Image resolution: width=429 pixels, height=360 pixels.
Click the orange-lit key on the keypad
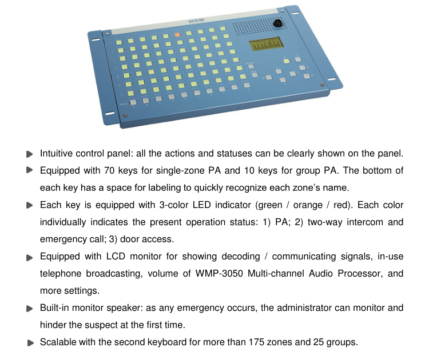[x=177, y=35]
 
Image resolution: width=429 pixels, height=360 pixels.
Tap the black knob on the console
[x=277, y=23]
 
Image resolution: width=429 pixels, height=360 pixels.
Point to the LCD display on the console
[x=265, y=44]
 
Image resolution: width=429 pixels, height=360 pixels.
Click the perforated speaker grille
[x=259, y=26]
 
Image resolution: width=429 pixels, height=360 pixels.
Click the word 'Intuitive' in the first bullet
[x=55, y=153]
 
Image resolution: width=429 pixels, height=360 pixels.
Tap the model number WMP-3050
[x=219, y=273]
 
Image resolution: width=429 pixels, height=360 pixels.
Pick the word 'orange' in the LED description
[x=308, y=205]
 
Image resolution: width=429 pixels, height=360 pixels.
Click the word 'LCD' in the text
[x=116, y=257]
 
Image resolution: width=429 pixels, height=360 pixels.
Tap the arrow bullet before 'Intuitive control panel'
[x=30, y=154]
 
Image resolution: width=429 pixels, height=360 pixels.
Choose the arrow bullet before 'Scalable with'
[x=31, y=343]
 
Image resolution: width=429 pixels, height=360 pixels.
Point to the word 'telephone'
[x=61, y=274]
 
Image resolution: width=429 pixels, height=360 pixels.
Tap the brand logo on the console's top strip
[x=196, y=21]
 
